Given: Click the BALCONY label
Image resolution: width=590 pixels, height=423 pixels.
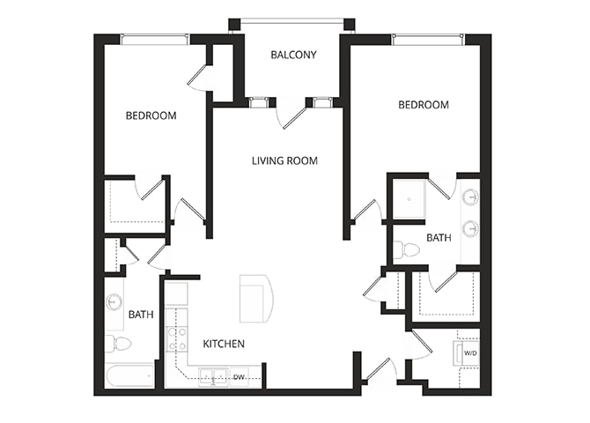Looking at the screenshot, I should point(293,55).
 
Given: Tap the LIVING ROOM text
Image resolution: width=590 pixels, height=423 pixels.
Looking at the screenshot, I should point(284,160).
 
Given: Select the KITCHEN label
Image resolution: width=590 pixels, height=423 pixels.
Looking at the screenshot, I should point(224,344).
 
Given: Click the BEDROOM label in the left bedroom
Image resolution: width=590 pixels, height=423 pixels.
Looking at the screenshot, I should point(151,115).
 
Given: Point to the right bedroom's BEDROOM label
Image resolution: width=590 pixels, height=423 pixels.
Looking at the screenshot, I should point(424,105).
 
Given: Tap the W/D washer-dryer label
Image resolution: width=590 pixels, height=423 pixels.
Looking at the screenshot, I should point(470,354).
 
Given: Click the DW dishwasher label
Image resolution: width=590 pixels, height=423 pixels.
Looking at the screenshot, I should point(239,377).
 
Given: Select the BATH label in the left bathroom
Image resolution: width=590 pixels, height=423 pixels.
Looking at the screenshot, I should point(141,314).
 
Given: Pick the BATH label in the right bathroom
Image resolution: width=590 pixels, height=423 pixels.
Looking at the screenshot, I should point(439,237).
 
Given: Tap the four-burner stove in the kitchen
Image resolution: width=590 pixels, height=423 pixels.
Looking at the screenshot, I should point(177,338).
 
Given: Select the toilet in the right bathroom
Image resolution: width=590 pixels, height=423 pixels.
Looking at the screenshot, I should point(407,250).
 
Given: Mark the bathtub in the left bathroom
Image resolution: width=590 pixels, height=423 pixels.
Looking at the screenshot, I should point(129,376).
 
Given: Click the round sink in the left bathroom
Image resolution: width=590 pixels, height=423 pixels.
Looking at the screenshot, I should point(114,302).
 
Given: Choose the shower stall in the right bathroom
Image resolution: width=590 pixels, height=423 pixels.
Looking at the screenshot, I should point(409,198).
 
